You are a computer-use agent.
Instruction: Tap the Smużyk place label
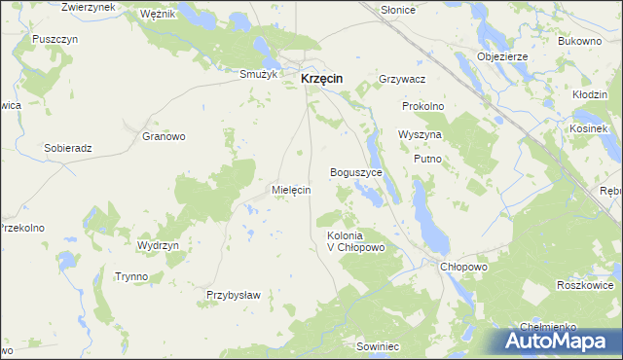[260, 73]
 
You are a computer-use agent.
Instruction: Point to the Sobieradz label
[68, 148]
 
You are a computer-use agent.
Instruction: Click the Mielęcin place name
[291, 191]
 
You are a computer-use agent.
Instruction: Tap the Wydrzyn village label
[159, 246]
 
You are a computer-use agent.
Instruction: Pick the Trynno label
[131, 276]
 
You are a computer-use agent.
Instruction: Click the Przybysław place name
[233, 295]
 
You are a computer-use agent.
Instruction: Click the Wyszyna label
[421, 134]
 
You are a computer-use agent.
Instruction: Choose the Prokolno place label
[423, 105]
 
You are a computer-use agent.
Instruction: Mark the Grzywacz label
[404, 79]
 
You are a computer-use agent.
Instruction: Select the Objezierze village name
[502, 56]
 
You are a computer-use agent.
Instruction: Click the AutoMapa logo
[559, 340]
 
